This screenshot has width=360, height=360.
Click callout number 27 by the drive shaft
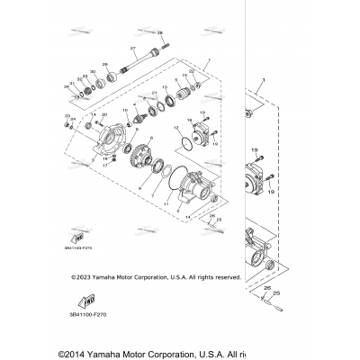[x=131, y=48]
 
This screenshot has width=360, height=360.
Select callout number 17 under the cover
[x=104, y=167]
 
